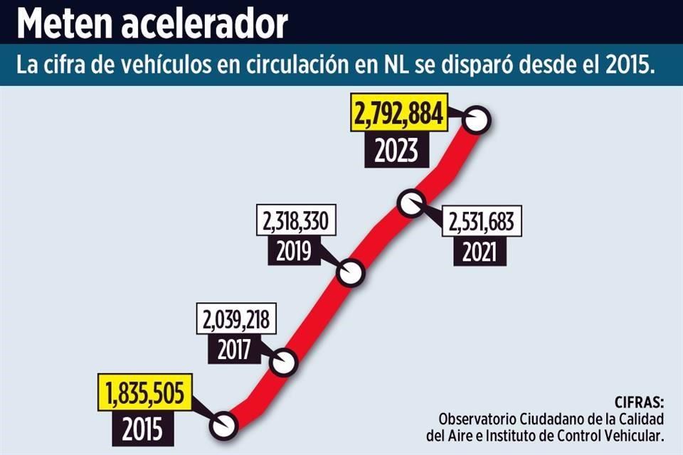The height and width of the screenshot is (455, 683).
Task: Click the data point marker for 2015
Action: [x=224, y=425]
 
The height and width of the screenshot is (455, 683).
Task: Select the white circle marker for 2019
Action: [x=350, y=272]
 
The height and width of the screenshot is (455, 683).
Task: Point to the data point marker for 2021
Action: [x=411, y=203]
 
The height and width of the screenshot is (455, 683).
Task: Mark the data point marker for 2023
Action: [x=476, y=120]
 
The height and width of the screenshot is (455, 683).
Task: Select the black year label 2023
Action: [x=398, y=151]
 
